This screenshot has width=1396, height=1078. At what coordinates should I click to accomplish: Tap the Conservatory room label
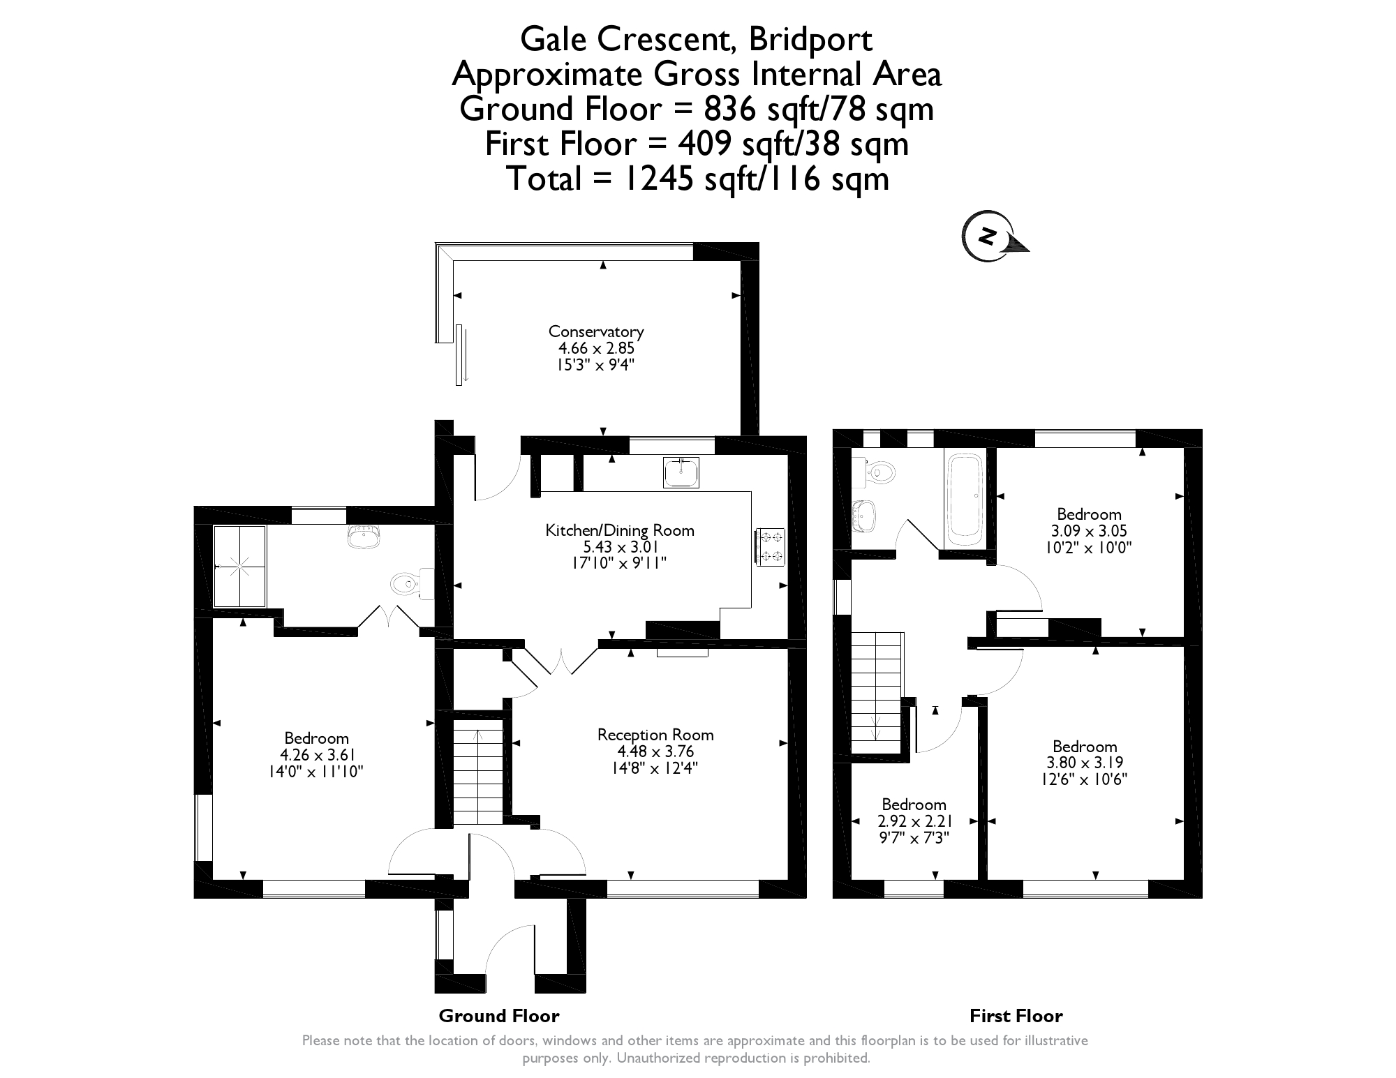(x=596, y=331)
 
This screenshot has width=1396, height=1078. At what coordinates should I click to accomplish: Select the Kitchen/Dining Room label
(x=620, y=530)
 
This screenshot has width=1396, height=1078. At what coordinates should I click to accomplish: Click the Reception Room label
(x=655, y=735)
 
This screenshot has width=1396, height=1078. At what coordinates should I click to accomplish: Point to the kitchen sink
(x=681, y=472)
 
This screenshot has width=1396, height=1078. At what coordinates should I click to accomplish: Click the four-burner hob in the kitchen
(x=771, y=546)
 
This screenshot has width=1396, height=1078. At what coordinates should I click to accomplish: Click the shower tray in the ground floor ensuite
(x=239, y=567)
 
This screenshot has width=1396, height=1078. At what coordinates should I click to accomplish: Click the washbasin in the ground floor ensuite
(x=363, y=536)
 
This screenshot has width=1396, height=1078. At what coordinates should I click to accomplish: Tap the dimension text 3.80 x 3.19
(x=1085, y=763)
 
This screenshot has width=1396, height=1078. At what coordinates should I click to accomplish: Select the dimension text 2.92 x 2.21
(x=914, y=821)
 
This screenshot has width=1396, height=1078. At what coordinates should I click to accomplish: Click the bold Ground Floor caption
(x=499, y=1016)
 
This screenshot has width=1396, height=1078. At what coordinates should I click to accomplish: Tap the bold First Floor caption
(x=1016, y=1016)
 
